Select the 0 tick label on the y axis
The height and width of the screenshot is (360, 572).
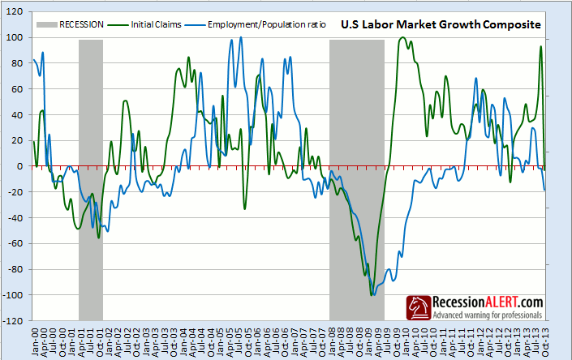coord(22,166)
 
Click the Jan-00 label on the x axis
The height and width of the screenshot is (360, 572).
coord(35,339)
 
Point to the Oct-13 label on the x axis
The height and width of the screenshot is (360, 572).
coord(543,339)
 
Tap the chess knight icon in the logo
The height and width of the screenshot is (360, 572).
coord(418,306)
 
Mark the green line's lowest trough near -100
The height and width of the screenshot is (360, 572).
coord(372,295)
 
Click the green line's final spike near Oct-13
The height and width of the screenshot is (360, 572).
coord(541,46)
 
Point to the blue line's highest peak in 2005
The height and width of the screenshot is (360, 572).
coord(241,38)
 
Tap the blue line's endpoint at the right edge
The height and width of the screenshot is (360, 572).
coord(544,190)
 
